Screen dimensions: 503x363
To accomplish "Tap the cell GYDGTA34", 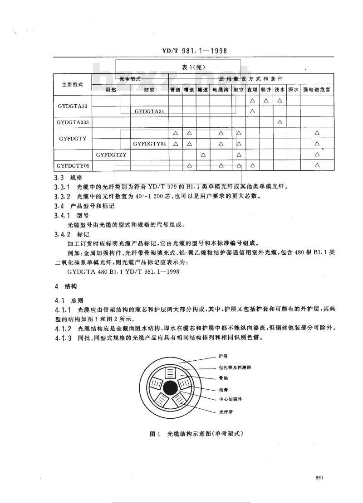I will tap(149, 111).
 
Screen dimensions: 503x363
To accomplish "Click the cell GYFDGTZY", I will tap(110, 155).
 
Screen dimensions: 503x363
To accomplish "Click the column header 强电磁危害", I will tap(317, 90).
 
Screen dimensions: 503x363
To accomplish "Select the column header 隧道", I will tap(203, 90).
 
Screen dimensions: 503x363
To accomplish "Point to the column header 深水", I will tap(294, 90).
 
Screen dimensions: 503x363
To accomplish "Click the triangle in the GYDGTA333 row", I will tap(280, 122).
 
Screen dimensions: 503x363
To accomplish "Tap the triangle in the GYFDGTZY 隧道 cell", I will tap(203, 155).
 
